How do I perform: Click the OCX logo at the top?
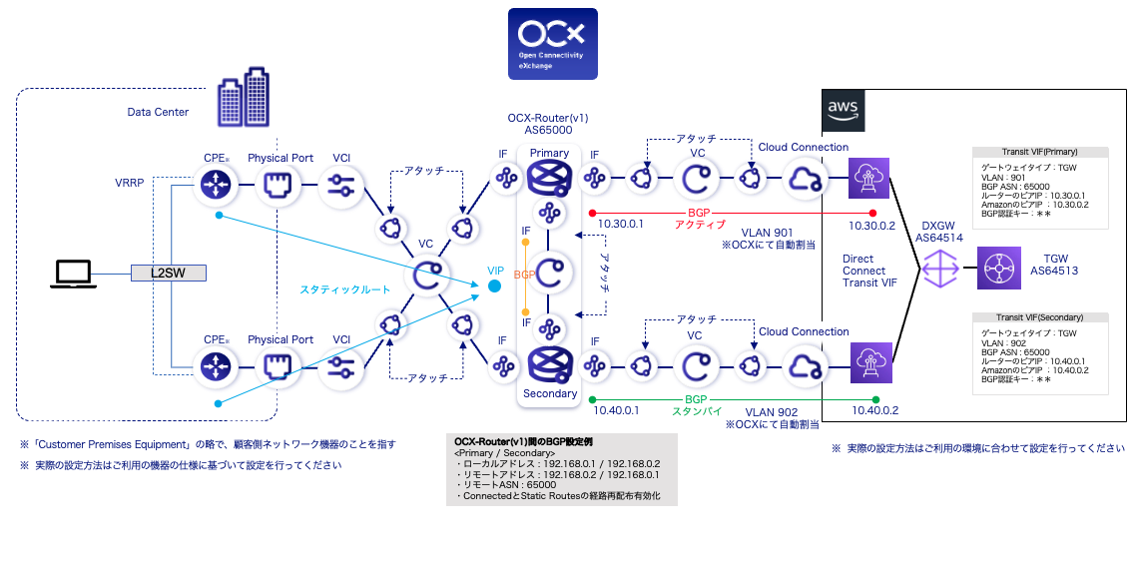click(552, 44)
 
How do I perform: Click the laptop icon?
click(75, 272)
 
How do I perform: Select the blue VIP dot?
click(494, 288)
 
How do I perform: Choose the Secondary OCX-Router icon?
click(548, 363)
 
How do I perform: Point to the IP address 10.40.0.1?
click(618, 410)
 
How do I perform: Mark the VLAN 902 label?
click(771, 410)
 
